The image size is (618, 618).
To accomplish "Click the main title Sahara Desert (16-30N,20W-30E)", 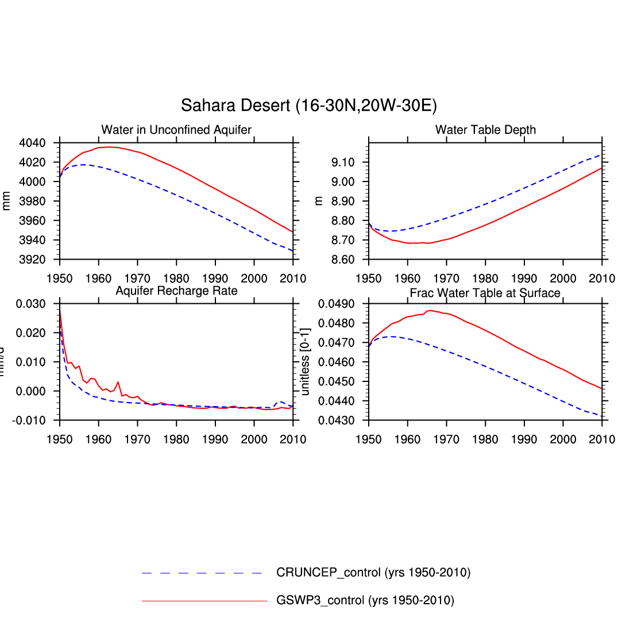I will [308, 106].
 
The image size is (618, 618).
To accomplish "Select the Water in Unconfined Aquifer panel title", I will [176, 130].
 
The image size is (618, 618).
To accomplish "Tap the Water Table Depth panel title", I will [485, 130].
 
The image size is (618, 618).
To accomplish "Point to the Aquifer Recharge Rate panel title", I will [176, 291].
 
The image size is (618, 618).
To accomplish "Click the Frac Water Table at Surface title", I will [485, 293].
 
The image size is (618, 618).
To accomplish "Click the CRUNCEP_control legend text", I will [373, 573].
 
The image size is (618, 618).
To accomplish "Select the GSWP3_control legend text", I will [365, 601].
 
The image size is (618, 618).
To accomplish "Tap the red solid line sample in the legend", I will [204, 601].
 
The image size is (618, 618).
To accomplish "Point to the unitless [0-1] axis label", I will [306, 361].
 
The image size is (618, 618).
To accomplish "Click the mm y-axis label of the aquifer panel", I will [7, 201].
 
